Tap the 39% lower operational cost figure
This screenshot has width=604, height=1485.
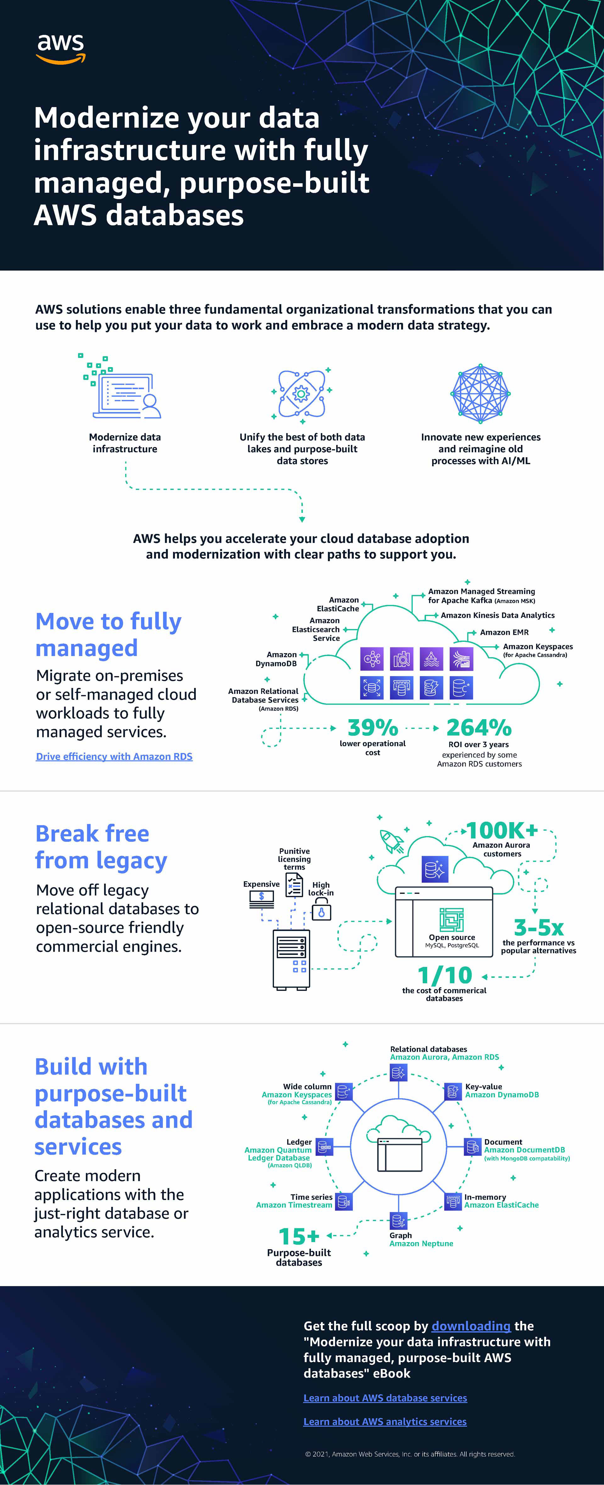pos(373,728)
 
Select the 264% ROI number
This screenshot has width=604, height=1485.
pos(479,728)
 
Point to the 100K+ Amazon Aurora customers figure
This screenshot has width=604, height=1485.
pos(501,831)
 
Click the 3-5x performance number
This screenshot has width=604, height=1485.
pos(538,927)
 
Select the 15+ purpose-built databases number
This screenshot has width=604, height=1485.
pos(299,1236)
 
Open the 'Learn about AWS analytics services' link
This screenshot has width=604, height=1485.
pos(385,1422)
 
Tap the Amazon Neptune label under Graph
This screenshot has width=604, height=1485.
pos(421,1243)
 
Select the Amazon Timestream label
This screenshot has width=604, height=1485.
pos(294,1205)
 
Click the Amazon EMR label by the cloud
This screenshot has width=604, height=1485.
pos(504,632)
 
